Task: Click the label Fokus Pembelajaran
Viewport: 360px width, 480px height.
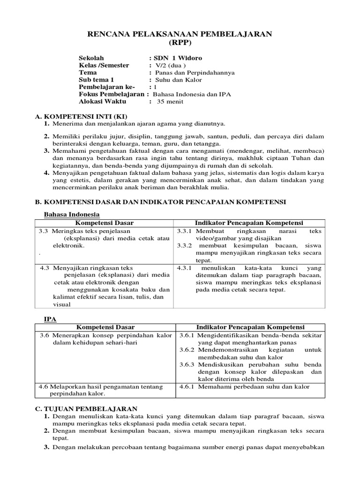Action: [x=112, y=94]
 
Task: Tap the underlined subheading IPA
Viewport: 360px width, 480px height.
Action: [x=50, y=319]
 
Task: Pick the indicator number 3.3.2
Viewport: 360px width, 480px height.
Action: [x=185, y=246]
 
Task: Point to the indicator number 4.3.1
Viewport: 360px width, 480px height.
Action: [x=185, y=268]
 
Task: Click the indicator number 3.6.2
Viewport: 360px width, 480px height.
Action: [x=188, y=350]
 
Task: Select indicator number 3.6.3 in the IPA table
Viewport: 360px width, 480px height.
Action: [x=188, y=364]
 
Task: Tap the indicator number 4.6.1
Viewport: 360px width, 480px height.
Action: [x=188, y=387]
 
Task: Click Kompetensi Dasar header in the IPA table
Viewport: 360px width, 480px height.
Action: [x=105, y=327]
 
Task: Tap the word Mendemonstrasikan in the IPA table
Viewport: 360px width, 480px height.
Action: [x=226, y=350]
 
